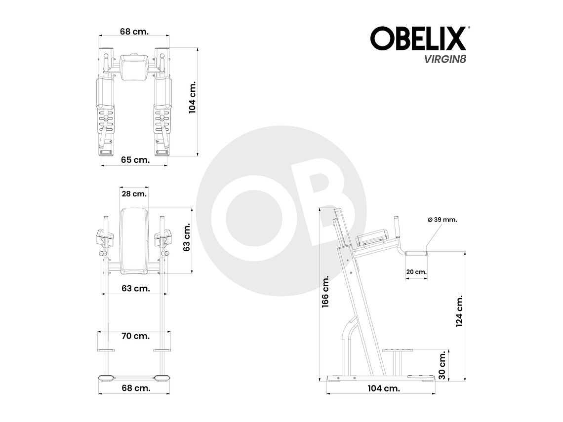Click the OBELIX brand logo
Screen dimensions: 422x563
[419, 38]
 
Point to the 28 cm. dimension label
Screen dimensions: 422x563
[133, 193]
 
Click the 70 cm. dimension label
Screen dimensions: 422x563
[135, 336]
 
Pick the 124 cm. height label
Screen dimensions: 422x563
[459, 311]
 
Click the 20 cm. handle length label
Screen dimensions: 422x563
[416, 272]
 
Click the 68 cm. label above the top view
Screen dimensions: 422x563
[134, 31]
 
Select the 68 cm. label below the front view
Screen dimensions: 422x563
[135, 388]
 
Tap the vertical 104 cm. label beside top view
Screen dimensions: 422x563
[193, 97]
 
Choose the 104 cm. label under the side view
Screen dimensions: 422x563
[384, 388]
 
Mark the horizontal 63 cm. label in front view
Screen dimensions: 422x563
[135, 288]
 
